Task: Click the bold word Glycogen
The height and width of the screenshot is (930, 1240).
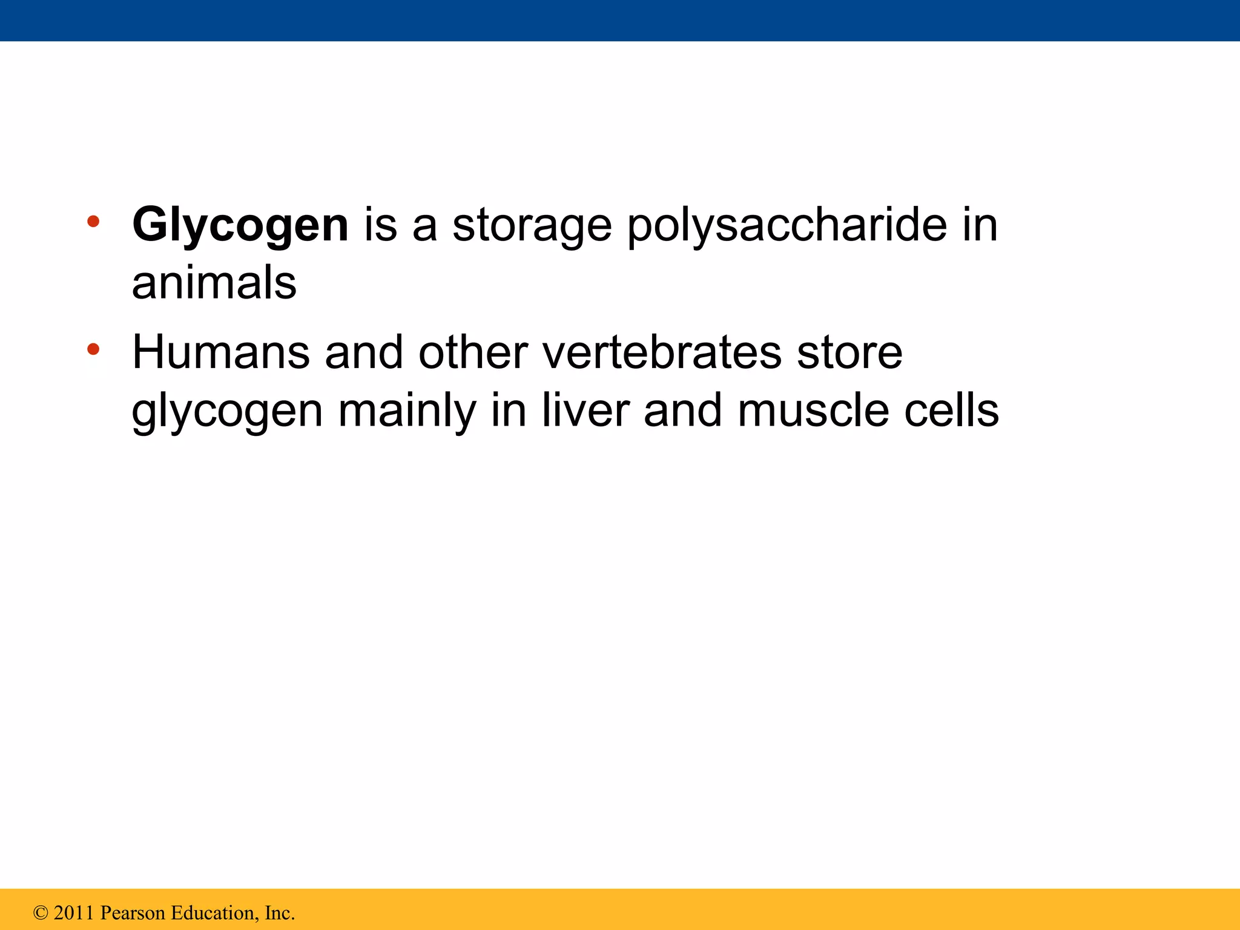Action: click(x=240, y=225)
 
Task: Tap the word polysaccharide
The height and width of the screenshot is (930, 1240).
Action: click(x=787, y=225)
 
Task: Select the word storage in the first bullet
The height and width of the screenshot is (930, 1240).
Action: click(x=532, y=225)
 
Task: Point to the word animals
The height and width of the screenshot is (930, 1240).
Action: click(x=214, y=283)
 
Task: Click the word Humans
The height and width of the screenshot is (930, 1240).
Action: click(x=220, y=352)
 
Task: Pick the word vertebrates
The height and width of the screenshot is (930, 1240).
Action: click(x=662, y=352)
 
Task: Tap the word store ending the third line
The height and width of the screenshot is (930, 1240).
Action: click(x=849, y=352)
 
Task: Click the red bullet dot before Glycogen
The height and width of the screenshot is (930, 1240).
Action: click(x=93, y=222)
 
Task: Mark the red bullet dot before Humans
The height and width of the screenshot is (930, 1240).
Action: click(x=93, y=349)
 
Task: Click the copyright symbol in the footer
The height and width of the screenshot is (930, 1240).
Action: click(x=41, y=913)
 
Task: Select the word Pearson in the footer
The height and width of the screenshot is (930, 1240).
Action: click(x=133, y=913)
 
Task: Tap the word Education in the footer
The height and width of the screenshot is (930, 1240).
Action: click(x=214, y=913)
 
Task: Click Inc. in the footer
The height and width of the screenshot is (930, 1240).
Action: click(x=280, y=913)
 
